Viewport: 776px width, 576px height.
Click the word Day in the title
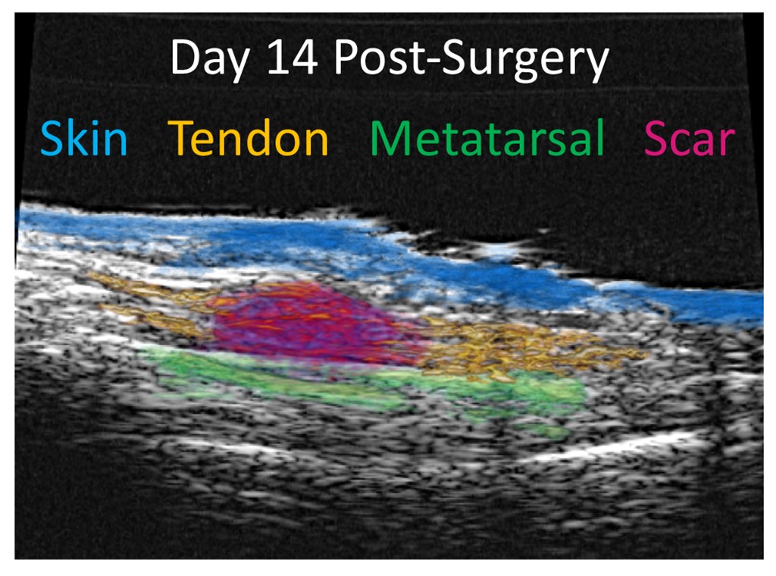(211, 59)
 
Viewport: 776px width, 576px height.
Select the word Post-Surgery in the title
(471, 59)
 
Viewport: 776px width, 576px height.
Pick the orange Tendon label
(249, 138)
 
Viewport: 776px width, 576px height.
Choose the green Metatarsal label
(487, 138)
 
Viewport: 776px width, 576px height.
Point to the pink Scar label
(690, 139)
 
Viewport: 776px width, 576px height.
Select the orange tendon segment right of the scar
(524, 346)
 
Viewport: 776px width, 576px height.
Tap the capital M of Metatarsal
(390, 138)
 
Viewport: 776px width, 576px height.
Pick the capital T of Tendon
(181, 138)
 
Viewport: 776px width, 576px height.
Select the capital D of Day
(186, 58)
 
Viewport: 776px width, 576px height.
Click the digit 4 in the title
(303, 58)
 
